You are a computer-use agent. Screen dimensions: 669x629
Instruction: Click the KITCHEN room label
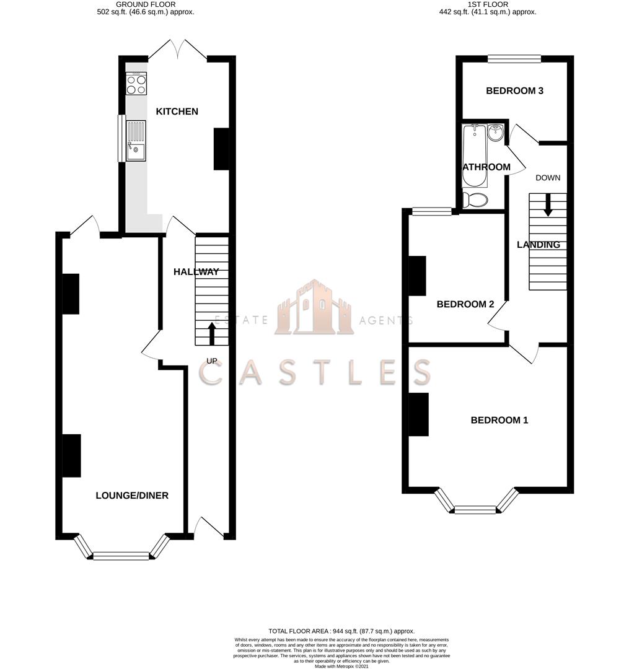tap(177, 111)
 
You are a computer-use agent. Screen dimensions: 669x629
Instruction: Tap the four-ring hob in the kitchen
tap(136, 84)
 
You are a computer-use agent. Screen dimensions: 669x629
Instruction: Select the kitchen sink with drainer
tap(136, 141)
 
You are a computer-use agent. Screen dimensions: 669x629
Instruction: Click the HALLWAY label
tap(196, 272)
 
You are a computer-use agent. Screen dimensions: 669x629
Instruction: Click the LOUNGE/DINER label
tap(132, 496)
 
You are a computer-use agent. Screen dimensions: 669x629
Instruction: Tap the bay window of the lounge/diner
tap(121, 555)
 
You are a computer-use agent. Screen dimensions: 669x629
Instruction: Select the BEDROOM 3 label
tap(514, 91)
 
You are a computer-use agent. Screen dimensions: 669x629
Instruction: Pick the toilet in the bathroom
tap(475, 199)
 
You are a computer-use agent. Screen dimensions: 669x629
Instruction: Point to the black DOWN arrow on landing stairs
tap(548, 206)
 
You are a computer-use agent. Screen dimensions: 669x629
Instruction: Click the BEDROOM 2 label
tap(465, 304)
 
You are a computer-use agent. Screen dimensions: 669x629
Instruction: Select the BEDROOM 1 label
tap(499, 420)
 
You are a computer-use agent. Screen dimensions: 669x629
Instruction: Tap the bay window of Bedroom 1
tap(475, 509)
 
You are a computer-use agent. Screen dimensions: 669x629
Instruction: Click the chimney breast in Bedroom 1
tap(419, 414)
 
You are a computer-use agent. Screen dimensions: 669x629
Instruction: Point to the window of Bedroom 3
tap(514, 59)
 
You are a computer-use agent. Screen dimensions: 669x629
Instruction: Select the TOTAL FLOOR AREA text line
tap(341, 631)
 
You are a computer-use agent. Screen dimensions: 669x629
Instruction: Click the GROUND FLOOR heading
tap(146, 4)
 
